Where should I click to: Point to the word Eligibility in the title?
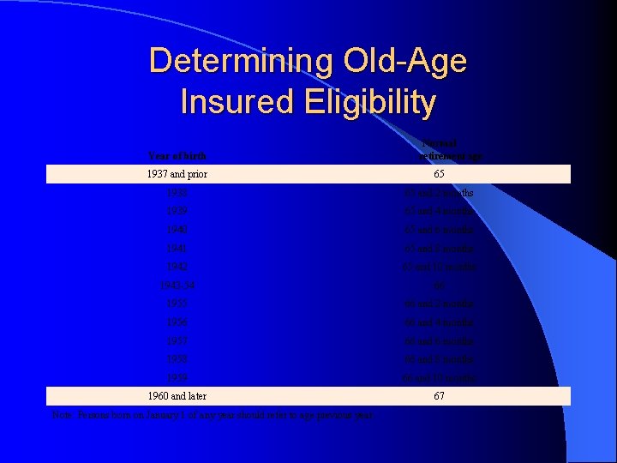point(368,103)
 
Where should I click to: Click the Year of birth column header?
point(177,155)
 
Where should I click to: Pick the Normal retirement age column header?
point(439,148)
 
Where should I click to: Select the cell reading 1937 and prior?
point(177,174)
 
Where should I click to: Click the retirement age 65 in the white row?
point(439,174)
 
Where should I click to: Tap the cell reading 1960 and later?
point(177,395)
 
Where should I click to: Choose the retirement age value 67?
point(439,395)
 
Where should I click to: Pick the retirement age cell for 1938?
point(439,193)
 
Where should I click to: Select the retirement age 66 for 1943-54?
point(439,286)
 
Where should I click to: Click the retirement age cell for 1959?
point(439,377)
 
